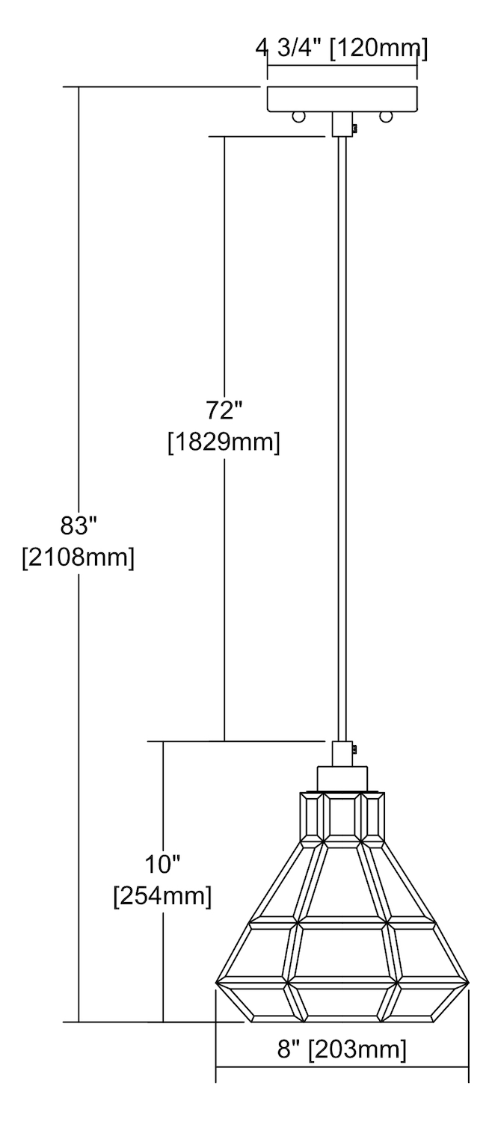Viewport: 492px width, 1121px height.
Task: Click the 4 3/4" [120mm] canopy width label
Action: click(342, 49)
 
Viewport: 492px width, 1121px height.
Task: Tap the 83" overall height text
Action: click(78, 525)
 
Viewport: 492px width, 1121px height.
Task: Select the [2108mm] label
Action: click(78, 557)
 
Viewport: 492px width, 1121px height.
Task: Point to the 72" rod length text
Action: click(224, 411)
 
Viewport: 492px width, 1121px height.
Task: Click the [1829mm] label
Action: click(224, 443)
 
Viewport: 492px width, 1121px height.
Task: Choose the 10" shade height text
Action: click(162, 864)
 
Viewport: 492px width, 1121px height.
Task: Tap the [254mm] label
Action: click(162, 896)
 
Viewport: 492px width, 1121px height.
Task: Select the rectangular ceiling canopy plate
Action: click(342, 99)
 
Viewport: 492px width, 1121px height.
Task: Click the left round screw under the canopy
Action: click(298, 117)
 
